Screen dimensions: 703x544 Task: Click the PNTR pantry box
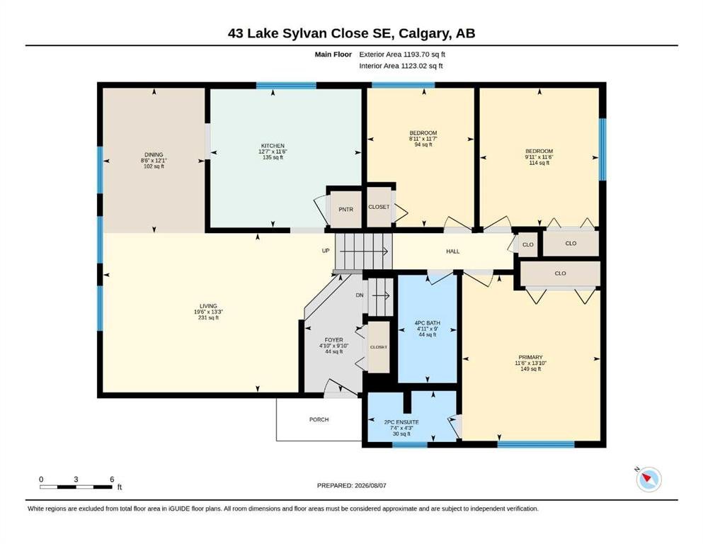click(x=345, y=210)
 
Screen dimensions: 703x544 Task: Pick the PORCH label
click(x=319, y=420)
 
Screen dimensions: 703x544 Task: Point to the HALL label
click(x=453, y=251)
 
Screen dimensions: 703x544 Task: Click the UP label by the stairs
click(x=326, y=251)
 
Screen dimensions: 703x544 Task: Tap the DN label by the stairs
click(x=360, y=295)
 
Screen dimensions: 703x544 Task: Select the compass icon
click(x=648, y=480)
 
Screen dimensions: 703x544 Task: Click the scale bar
click(x=76, y=487)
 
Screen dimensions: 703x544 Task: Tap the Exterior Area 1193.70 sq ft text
click(x=402, y=55)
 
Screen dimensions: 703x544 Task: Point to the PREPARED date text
click(x=351, y=485)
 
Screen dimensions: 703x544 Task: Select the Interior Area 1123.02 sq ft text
click(x=401, y=66)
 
